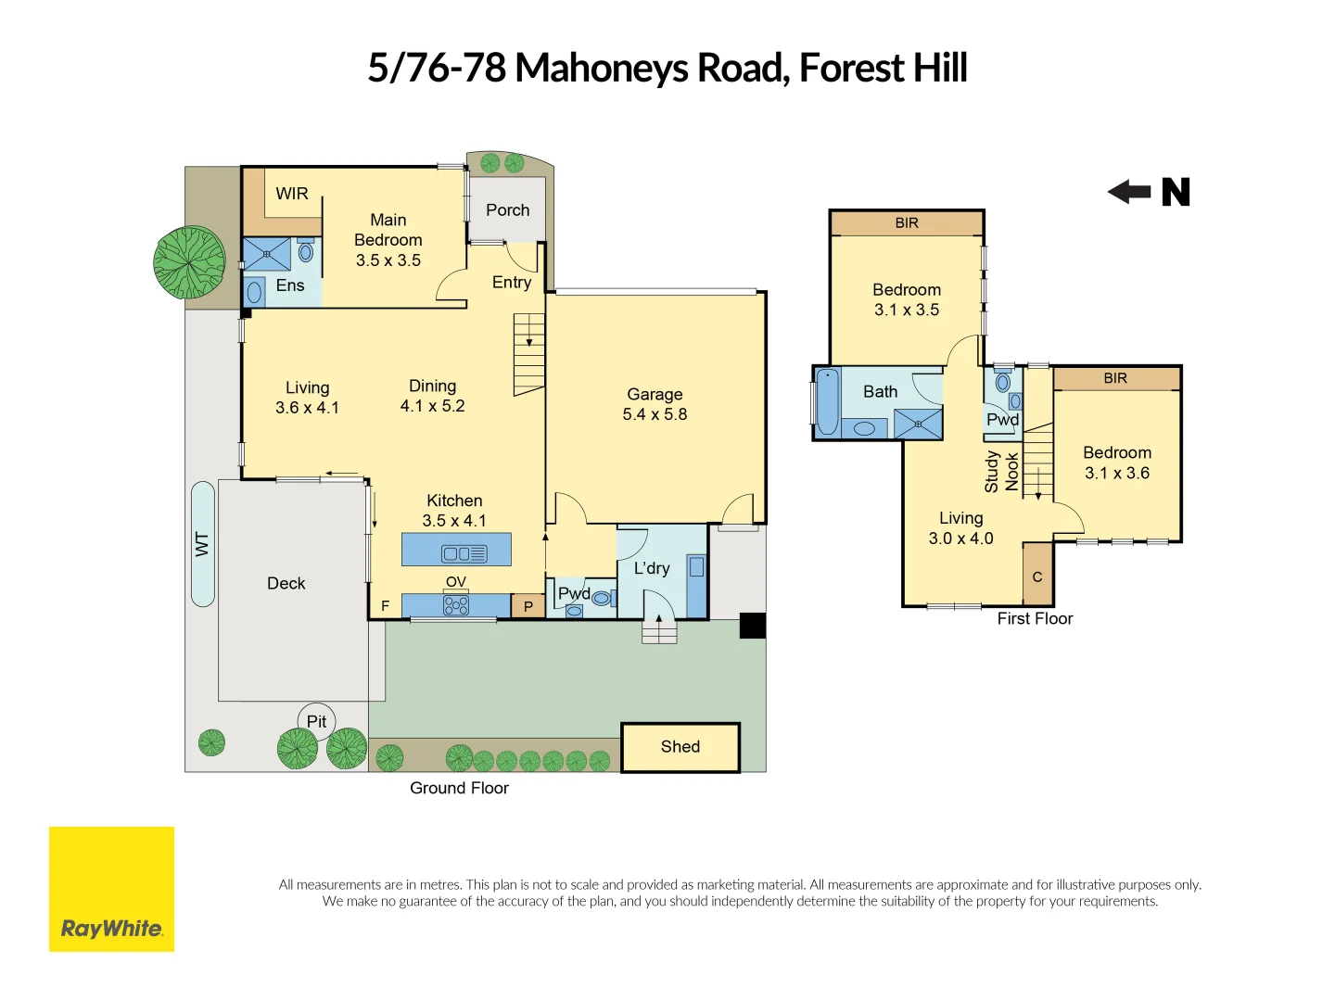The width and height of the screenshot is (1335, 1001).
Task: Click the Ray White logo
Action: click(111, 889)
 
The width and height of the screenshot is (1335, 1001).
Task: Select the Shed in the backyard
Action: click(680, 747)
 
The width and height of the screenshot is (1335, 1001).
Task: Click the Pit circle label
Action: click(316, 721)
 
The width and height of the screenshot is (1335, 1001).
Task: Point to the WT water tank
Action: click(202, 544)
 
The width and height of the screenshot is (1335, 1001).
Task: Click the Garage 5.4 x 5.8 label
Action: click(655, 404)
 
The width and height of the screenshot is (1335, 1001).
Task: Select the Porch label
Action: click(507, 210)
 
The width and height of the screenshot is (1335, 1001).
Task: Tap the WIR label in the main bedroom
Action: click(292, 194)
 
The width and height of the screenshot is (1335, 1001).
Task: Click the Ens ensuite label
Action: click(289, 285)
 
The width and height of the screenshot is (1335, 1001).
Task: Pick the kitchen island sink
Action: click(464, 553)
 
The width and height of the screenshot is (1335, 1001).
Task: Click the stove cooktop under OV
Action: click(456, 605)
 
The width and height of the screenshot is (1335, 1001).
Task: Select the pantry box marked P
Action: click(528, 606)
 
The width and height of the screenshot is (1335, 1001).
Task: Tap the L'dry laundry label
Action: click(652, 568)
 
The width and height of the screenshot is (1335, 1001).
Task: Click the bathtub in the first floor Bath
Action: click(827, 401)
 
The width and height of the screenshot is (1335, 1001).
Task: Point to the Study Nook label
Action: click(1001, 471)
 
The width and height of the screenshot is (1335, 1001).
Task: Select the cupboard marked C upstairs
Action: click(1037, 577)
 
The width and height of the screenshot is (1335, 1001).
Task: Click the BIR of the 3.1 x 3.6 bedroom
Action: click(1115, 378)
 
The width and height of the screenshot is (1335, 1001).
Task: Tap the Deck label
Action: click(286, 583)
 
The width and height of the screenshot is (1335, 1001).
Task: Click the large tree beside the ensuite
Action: click(189, 262)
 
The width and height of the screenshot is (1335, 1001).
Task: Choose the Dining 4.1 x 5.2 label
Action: click(432, 396)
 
